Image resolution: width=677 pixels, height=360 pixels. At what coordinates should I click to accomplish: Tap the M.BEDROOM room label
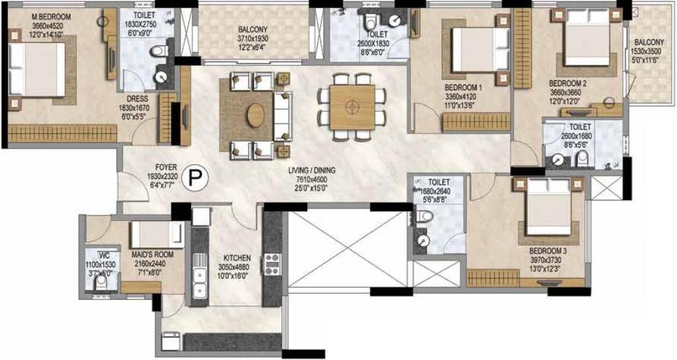[52, 17]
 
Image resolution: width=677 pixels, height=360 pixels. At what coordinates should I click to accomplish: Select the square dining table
[353, 107]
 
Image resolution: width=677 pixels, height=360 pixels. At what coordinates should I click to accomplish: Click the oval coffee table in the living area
[256, 115]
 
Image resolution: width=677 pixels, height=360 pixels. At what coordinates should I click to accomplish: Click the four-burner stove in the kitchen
[272, 264]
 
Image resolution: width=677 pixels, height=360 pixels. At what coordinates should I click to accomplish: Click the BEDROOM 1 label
[463, 87]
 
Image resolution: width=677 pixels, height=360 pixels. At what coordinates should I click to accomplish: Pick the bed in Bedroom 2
[587, 38]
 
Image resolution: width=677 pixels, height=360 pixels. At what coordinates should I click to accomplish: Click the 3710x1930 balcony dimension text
[253, 38]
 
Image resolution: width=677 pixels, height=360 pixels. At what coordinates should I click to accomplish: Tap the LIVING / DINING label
[312, 171]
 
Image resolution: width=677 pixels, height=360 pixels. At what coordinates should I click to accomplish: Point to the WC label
[104, 254]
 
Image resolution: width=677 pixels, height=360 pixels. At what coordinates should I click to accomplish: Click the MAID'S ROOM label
[148, 255]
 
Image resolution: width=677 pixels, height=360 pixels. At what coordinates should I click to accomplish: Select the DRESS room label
[138, 99]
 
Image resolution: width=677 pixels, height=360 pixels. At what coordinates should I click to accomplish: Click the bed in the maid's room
[157, 235]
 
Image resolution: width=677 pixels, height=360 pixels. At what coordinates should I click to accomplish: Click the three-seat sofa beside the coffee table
[283, 115]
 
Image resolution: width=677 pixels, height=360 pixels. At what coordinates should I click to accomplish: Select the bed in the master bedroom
[36, 69]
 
